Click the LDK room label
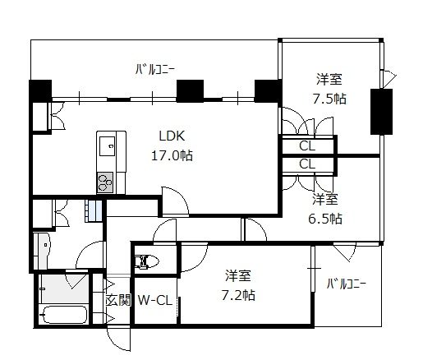(172, 136)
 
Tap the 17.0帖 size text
(172, 155)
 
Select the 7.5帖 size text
(329, 99)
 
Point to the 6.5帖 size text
(325, 219)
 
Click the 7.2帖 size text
(238, 295)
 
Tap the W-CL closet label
(155, 301)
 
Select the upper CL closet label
(307, 145)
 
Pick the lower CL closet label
(307, 164)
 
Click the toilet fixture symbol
(147, 261)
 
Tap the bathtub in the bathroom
(65, 315)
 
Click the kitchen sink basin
(107, 145)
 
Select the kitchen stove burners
(105, 182)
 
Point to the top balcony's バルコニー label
(154, 70)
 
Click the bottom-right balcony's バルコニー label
(347, 284)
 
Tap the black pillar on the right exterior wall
(381, 112)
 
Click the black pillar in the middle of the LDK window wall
(190, 90)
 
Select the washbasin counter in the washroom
(41, 251)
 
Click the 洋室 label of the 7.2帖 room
(238, 275)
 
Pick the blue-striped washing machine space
(93, 210)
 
